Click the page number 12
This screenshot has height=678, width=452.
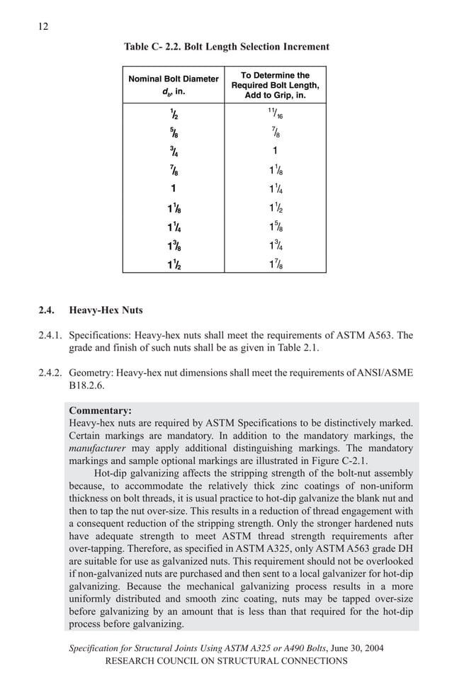tap(43, 26)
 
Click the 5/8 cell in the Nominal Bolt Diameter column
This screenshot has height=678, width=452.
tap(173, 132)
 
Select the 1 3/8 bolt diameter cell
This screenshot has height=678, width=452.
tap(173, 245)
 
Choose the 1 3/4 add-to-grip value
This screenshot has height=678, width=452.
tap(275, 245)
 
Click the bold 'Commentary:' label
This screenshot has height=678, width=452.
tap(100, 410)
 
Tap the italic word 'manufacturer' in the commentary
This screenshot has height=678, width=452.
tap(96, 448)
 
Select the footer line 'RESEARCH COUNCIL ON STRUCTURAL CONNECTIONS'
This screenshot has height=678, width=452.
tap(226, 662)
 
